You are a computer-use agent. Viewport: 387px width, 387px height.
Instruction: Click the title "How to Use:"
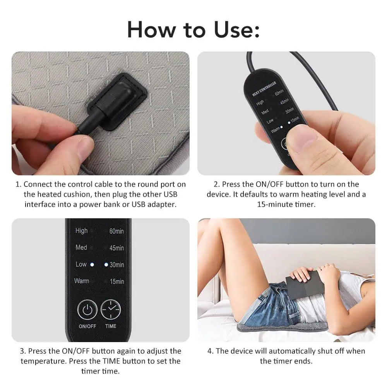click(193, 29)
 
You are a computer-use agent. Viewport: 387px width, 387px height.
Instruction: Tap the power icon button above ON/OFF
click(87, 310)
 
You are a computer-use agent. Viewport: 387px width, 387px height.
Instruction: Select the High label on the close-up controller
click(81, 231)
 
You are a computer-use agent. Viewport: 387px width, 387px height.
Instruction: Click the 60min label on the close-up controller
click(116, 231)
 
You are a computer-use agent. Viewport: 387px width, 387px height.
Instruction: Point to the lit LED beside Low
click(92, 265)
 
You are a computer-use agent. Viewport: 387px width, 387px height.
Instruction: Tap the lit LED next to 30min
click(106, 265)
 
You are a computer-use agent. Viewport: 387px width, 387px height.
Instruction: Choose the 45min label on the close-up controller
click(116, 248)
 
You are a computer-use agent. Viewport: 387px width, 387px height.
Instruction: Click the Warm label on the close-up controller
click(81, 281)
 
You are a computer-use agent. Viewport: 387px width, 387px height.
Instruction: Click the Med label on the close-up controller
click(81, 247)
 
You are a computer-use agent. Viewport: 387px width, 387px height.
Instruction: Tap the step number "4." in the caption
click(210, 351)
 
